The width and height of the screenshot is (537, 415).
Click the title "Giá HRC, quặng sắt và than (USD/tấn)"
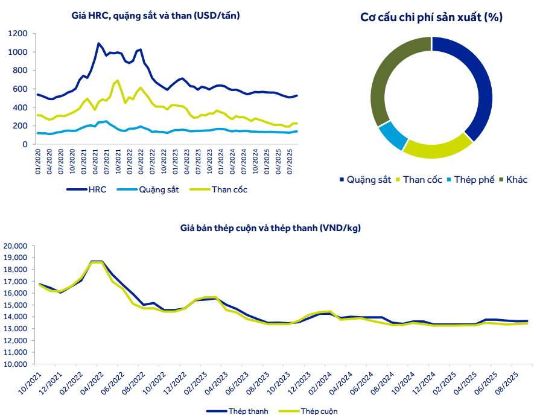(x=155, y=16)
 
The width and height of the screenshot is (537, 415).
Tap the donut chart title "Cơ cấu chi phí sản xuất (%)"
(x=431, y=17)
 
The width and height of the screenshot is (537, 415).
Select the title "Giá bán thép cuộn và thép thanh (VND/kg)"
(x=271, y=228)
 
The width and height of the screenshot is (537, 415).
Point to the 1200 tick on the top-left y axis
(x=18, y=34)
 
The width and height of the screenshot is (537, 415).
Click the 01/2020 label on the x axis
(x=37, y=163)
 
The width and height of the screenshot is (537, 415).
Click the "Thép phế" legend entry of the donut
(x=472, y=180)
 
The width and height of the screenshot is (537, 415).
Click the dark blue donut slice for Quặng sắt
(x=474, y=90)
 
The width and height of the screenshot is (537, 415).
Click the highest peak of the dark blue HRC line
(x=98, y=43)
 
